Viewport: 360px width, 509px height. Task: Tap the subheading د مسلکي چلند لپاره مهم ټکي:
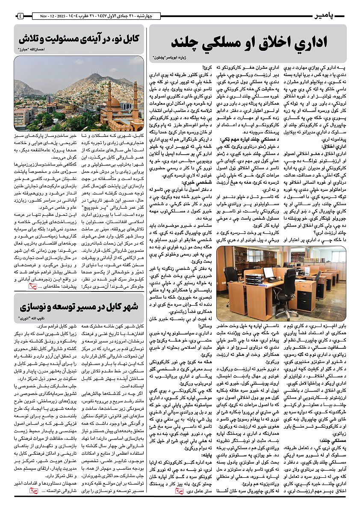coord(244,140)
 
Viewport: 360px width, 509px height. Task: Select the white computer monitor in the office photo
coord(268,272)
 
